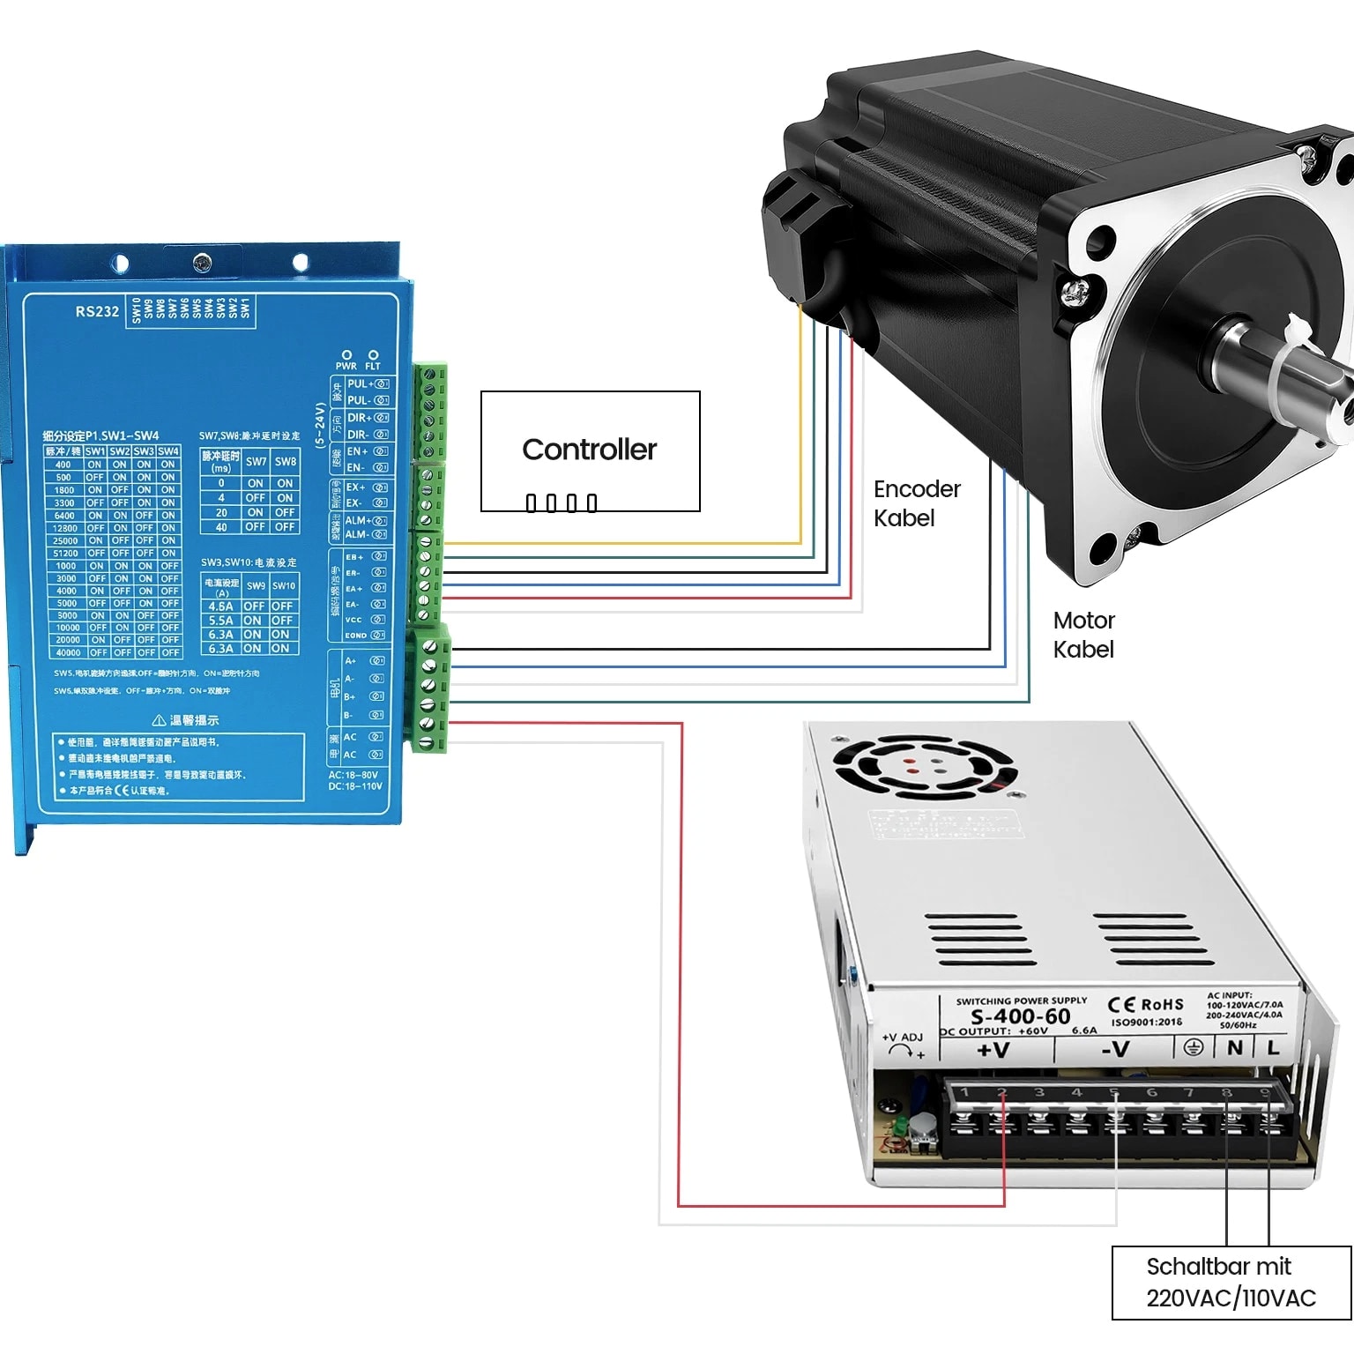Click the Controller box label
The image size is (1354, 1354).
coord(589,450)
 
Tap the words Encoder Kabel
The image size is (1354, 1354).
coord(916,503)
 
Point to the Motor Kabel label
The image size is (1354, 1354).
coord(1083,635)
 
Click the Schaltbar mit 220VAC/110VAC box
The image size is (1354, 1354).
coord(1231,1282)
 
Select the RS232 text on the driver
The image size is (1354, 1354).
coord(97,311)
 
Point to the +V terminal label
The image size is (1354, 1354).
coord(993,1050)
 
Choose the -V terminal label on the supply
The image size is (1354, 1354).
coord(1115,1049)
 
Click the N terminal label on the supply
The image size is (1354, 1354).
coord(1234,1047)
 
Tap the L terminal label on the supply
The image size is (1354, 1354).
coord(1272,1047)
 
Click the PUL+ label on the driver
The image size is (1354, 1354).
coord(359,383)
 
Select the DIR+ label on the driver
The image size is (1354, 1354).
coord(359,418)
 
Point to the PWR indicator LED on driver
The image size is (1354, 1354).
coord(346,355)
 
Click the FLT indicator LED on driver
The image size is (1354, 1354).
coord(373,355)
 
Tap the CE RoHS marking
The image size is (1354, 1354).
coord(1145,1005)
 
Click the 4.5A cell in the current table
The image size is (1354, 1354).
coord(220,606)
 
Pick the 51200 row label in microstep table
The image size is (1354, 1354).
coord(65,554)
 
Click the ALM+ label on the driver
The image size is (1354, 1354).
coord(358,520)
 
